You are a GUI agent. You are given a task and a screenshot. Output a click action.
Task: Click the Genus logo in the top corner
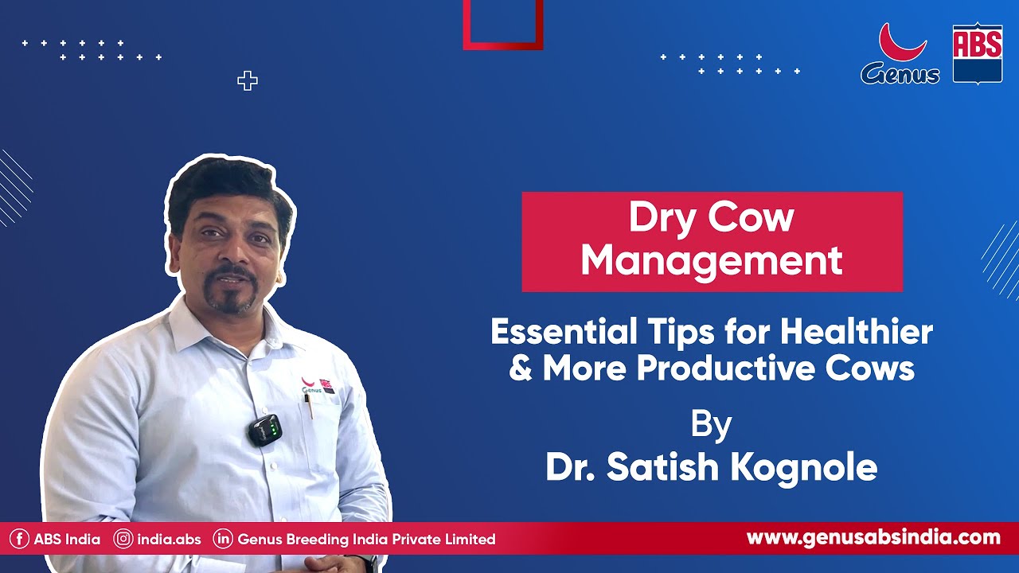click(900, 54)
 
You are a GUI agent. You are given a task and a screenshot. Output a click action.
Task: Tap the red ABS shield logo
click(977, 53)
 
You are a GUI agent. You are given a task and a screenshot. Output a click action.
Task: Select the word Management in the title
click(711, 260)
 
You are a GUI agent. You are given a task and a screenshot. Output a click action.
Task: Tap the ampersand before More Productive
click(520, 368)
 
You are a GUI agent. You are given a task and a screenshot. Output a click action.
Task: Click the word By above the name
click(710, 425)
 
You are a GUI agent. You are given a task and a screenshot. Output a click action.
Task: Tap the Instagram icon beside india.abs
click(123, 539)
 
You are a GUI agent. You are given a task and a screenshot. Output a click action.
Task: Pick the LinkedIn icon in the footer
click(223, 539)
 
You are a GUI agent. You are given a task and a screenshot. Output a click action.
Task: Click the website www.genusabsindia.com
click(873, 537)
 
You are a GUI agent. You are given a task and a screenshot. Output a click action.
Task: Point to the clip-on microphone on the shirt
click(265, 430)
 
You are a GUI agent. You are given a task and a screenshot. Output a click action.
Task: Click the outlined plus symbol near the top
click(248, 80)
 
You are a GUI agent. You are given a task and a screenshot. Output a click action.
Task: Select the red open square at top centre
click(503, 24)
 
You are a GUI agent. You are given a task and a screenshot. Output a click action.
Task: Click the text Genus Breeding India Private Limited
click(366, 539)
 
